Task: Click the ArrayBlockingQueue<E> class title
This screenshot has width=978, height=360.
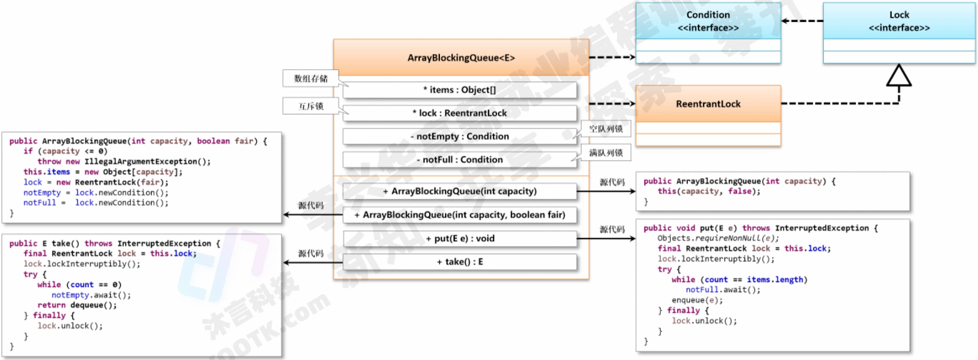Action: pos(461,58)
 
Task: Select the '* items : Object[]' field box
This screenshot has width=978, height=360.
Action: pos(459,90)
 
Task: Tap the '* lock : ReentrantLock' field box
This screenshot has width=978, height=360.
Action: pos(459,113)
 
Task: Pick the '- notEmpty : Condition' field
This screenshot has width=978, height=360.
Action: pos(459,137)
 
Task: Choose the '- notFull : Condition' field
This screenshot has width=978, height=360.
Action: pos(459,160)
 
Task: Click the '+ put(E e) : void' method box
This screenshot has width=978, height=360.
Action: pos(459,239)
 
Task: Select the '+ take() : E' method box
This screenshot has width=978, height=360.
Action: pos(459,262)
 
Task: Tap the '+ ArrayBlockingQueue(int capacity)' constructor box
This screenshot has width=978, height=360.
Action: pos(459,191)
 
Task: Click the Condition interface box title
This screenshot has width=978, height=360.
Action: pos(708,21)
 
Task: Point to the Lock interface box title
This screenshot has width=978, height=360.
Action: pos(899,21)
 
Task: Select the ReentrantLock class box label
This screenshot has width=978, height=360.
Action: pos(708,104)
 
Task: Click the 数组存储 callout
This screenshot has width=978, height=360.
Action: pos(310,79)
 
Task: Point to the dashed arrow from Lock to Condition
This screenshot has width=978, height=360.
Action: pos(802,21)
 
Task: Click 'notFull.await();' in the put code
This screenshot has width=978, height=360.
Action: pos(723,290)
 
